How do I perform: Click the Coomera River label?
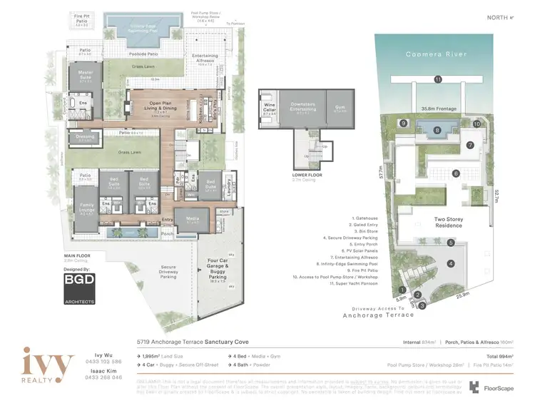pos(437,55)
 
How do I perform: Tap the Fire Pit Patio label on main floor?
pos(85,19)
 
